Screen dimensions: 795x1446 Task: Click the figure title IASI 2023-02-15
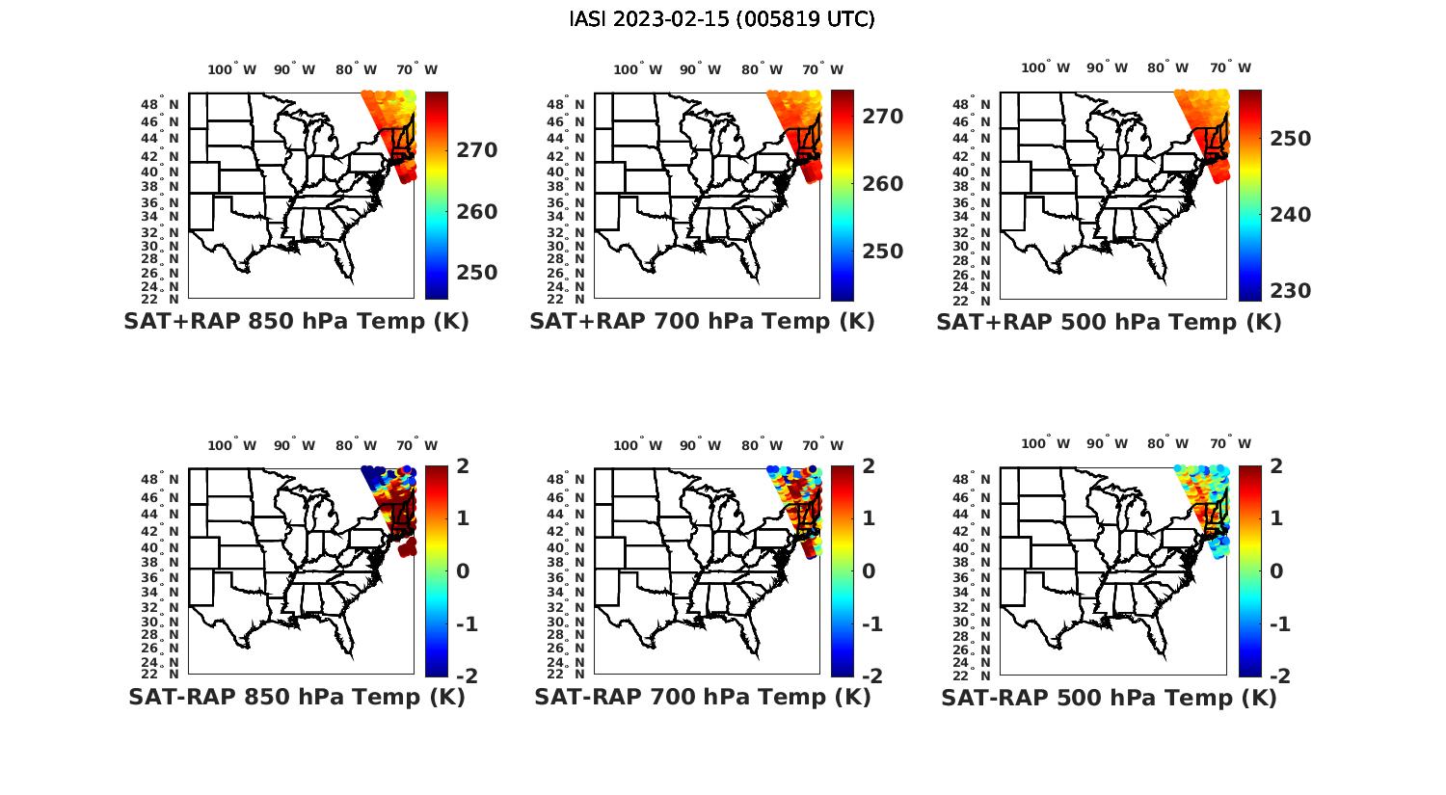722,19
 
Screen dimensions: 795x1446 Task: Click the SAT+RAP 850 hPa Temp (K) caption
296,322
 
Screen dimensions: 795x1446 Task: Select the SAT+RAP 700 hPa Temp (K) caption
702,322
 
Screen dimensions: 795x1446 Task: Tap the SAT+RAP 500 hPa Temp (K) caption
1109,323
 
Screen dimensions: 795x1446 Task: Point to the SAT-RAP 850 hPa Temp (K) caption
296,697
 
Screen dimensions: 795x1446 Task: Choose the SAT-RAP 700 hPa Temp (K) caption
702,697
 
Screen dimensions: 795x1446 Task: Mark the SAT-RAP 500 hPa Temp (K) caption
1109,698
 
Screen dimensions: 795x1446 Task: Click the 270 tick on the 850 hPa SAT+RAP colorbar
477,150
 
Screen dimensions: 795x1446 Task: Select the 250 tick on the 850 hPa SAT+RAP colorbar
477,273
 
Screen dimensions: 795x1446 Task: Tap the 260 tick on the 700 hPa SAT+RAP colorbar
883,184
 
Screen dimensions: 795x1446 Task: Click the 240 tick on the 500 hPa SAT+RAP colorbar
1290,215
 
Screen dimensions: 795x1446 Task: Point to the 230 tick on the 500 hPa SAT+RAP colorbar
1290,291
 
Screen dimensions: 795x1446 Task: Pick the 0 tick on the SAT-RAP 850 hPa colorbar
463,570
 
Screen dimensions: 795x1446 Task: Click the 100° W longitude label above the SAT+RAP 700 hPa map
637,69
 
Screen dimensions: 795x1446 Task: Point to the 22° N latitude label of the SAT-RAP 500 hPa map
979,674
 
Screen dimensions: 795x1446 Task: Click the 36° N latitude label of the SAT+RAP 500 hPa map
979,202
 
